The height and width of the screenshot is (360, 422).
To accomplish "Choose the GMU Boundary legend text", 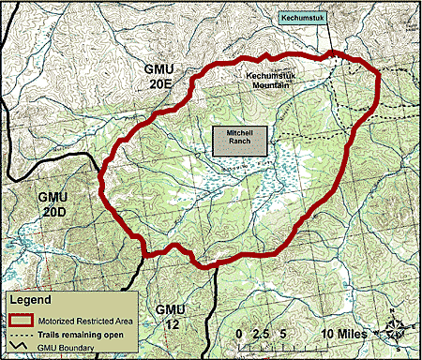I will pos(65,349).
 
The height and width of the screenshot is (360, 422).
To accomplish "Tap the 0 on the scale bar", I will pos(241,334).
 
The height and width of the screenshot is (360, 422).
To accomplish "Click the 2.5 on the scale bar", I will pos(262,334).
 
